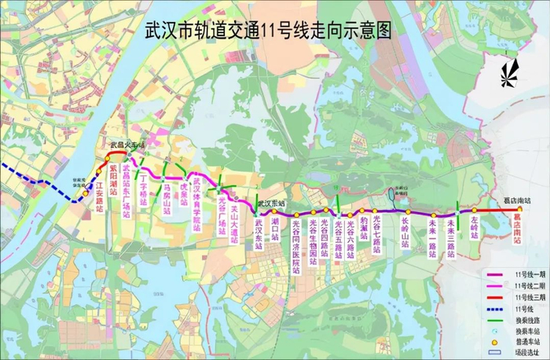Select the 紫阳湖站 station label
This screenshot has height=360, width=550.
tap(113, 180)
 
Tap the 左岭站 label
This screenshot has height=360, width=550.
tap(475, 228)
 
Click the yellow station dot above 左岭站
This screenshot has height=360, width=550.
tap(475, 211)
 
